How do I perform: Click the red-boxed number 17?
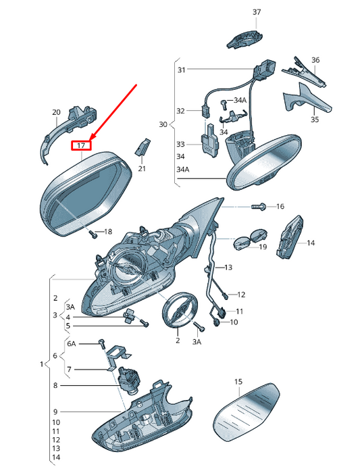[81, 146]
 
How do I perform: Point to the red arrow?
[114, 113]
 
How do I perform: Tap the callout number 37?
[257, 12]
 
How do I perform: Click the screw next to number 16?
[258, 207]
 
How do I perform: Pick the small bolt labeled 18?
[93, 234]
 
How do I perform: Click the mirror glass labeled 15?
[246, 412]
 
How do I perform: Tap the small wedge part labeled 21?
[143, 147]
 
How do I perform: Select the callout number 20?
[56, 112]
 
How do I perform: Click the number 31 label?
[182, 70]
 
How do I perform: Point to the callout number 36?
[315, 60]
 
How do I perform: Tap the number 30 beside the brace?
[163, 124]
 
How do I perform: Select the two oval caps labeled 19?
[251, 239]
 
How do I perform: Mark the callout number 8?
[55, 385]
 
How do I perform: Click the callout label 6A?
[71, 344]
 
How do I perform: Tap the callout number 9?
[55, 411]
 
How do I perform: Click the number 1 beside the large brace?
[41, 364]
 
